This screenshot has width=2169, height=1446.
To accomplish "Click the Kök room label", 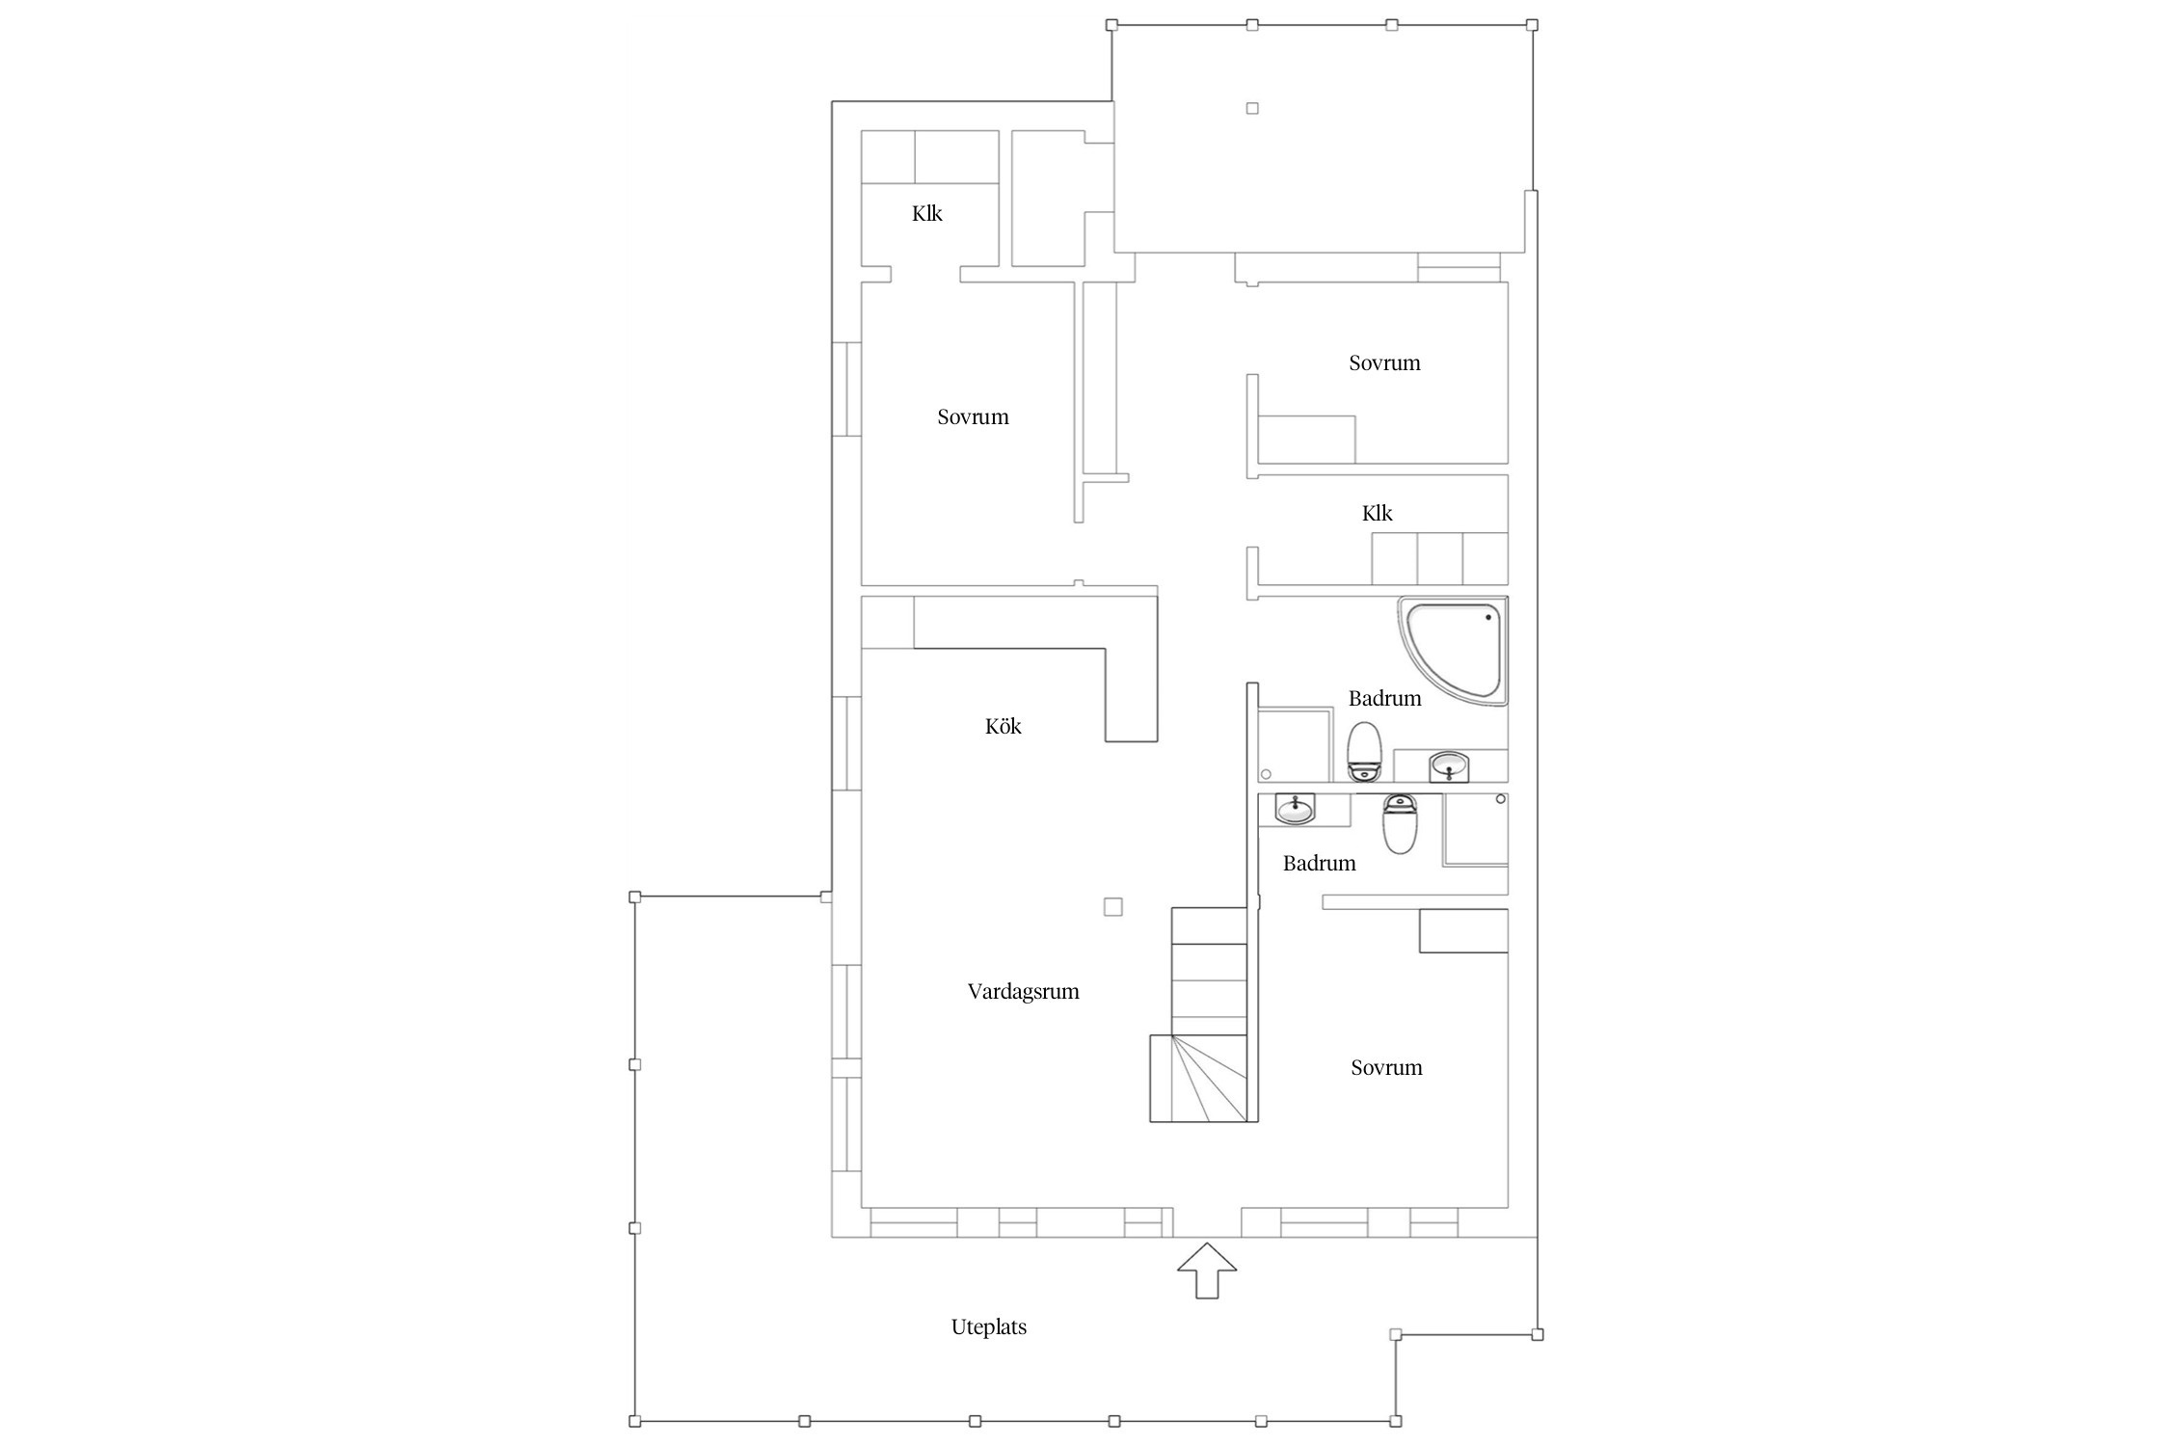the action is click(1003, 726).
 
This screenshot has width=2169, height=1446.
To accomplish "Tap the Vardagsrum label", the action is click(1023, 991).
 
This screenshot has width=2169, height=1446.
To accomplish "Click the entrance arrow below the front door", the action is click(1207, 1271).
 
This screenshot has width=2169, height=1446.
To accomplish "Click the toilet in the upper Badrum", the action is click(1365, 752).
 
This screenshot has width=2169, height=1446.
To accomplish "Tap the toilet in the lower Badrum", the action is click(1399, 823).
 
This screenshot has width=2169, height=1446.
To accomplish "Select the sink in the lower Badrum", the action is click(1295, 809).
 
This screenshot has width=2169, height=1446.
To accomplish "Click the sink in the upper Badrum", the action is click(1448, 766).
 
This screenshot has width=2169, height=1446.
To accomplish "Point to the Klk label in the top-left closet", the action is click(926, 213).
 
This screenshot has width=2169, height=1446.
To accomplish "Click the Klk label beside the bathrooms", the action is click(1377, 513).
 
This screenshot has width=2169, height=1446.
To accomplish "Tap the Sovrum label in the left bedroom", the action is click(973, 416).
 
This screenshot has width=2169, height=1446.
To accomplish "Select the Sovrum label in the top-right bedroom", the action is click(1384, 362).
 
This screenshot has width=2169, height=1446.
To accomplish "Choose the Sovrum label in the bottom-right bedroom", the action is click(1386, 1067).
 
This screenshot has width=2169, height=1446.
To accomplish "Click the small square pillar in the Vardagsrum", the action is click(1112, 906).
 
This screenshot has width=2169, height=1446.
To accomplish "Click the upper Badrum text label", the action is click(1384, 698).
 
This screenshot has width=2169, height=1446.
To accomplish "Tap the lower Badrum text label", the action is click(1319, 863).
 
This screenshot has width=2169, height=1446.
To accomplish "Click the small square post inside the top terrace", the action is click(1252, 108).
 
